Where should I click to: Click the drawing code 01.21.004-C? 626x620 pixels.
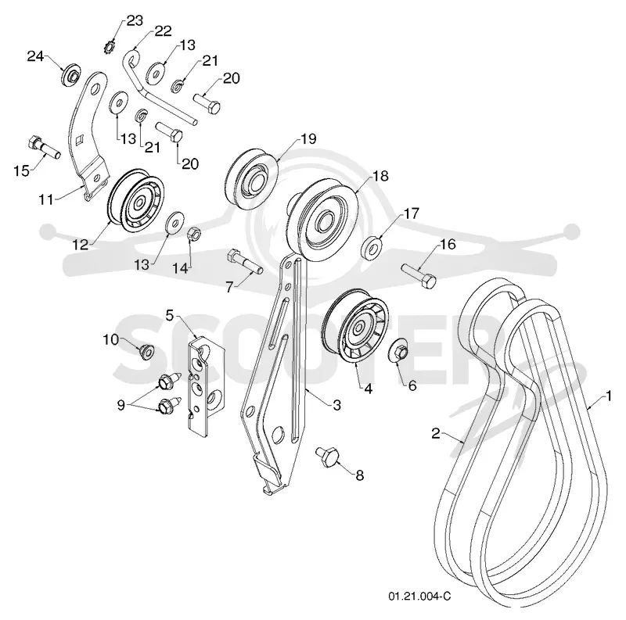[x=419, y=596]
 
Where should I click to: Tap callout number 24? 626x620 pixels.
[x=35, y=56]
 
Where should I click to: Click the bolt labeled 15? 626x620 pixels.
[x=44, y=147]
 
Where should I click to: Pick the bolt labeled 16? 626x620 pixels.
[x=419, y=274]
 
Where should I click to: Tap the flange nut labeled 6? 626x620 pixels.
[x=400, y=350]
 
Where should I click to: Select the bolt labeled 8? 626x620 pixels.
[x=327, y=457]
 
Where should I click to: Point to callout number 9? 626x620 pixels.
[x=121, y=405]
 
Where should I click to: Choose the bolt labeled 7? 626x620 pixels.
[x=244, y=262]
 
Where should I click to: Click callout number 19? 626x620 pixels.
[x=308, y=139]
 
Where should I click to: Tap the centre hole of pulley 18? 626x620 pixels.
[x=326, y=220]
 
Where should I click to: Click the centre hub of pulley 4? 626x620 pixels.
[x=358, y=328]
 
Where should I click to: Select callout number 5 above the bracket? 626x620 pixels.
[x=170, y=315]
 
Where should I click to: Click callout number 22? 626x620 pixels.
[x=163, y=30]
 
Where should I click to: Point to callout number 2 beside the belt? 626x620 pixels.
[x=436, y=433]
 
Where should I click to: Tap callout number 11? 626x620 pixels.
[x=45, y=199]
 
